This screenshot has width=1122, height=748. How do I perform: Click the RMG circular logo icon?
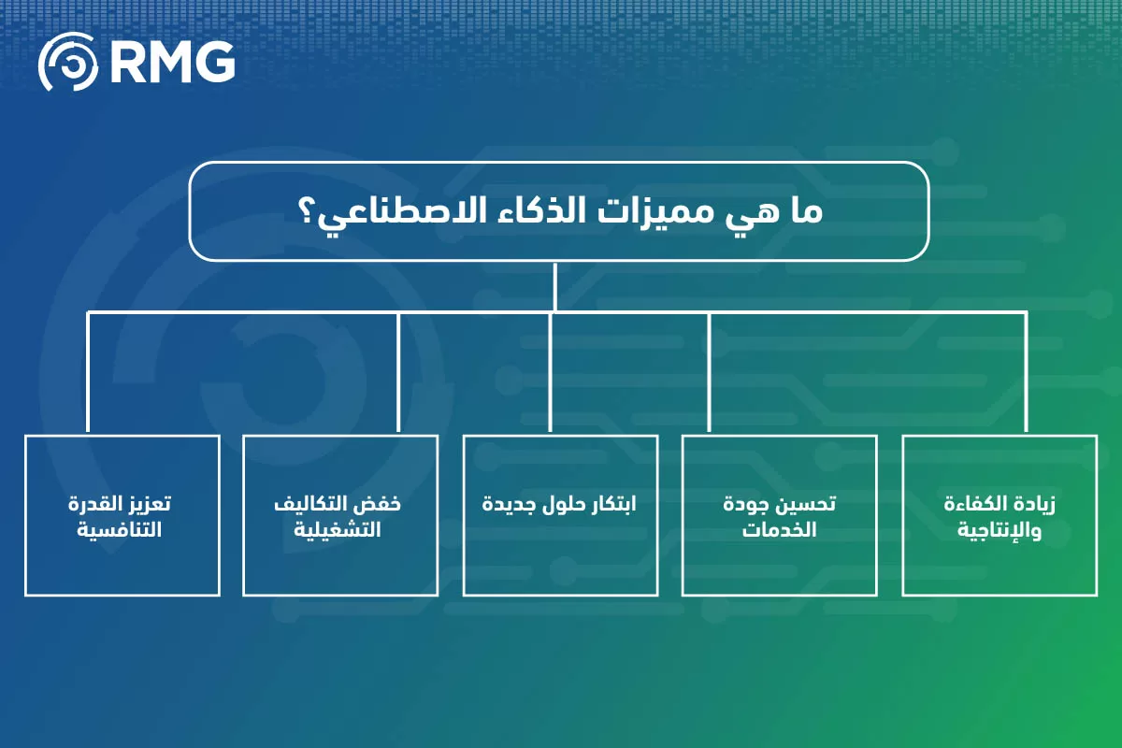(x=68, y=64)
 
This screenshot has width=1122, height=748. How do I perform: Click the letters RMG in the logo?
(x=172, y=64)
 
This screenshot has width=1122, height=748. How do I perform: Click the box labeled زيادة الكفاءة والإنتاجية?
(x=1000, y=515)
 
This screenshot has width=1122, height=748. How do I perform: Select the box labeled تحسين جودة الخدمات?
(x=779, y=515)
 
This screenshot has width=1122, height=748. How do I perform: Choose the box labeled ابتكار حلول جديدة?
(x=559, y=515)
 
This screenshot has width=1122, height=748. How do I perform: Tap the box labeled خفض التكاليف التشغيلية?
(x=339, y=515)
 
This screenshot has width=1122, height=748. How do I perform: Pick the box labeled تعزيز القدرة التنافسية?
(x=122, y=515)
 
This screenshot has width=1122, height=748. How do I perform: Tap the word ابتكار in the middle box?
(x=613, y=504)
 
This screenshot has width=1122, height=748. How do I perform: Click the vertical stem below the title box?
(x=555, y=285)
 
